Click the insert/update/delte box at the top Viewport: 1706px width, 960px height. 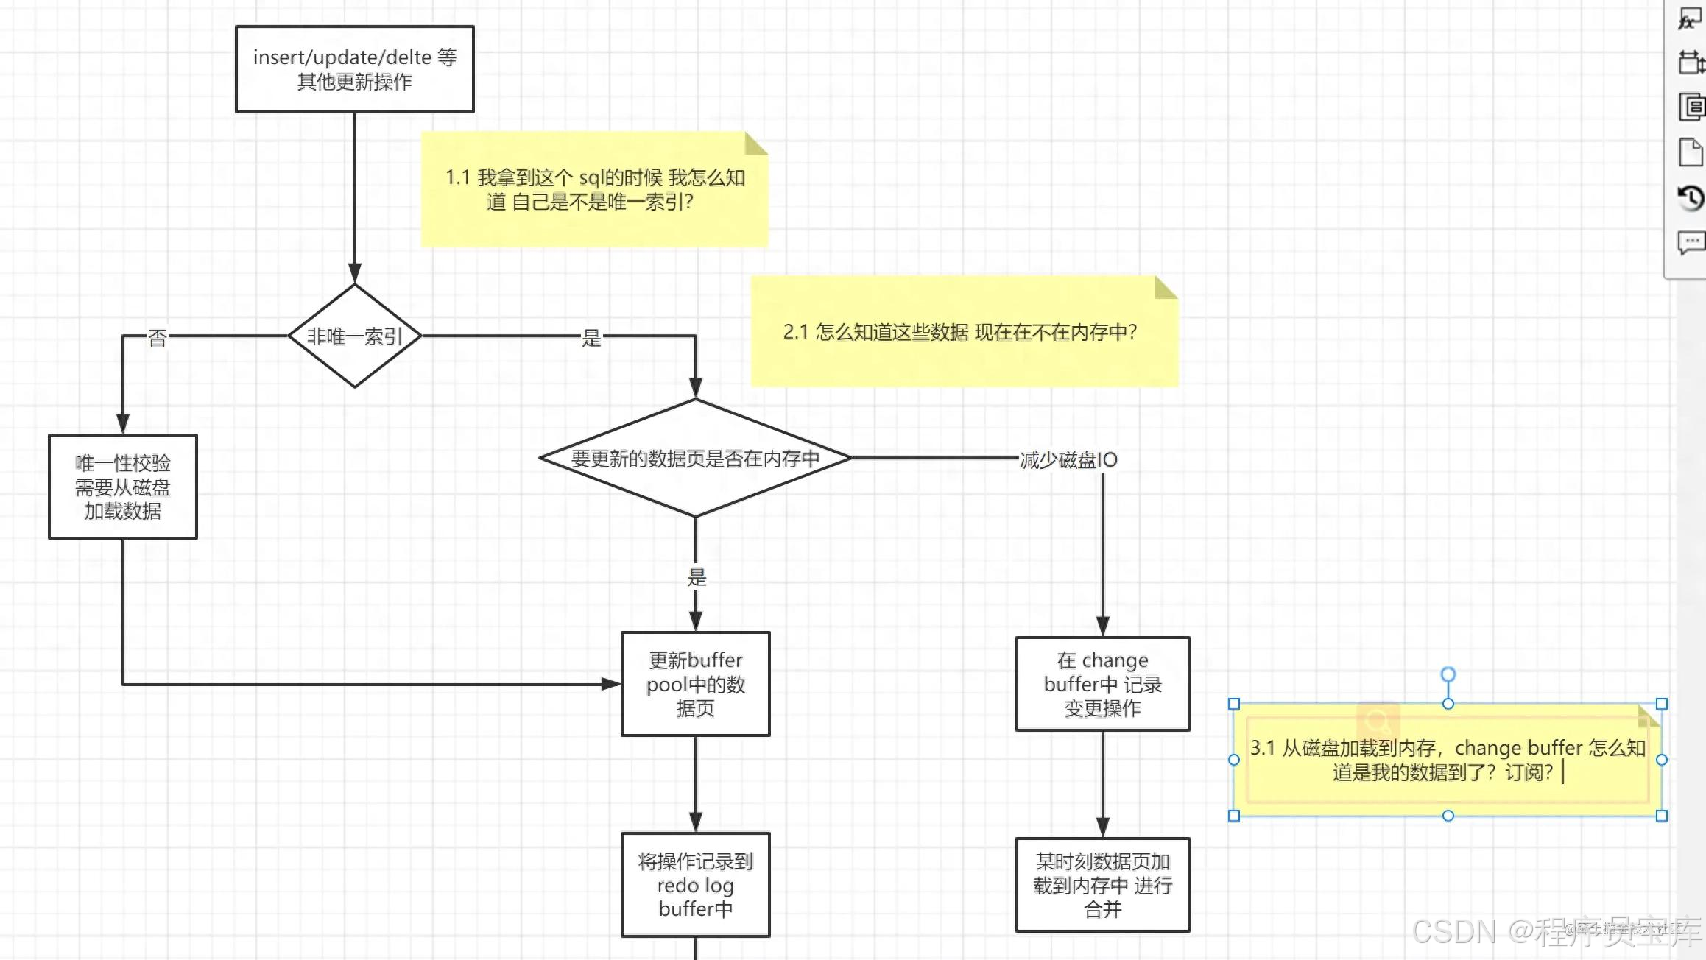pos(354,69)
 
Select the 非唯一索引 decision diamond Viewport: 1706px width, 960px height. pos(354,336)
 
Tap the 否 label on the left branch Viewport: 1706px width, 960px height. pos(157,338)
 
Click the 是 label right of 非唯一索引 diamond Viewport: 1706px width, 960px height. pos(591,338)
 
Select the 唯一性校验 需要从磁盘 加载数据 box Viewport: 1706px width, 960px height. pos(122,487)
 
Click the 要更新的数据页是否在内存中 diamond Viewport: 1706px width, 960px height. pos(695,458)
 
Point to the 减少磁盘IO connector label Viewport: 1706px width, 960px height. pos(1068,460)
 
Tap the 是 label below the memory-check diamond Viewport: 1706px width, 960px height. pos(697,577)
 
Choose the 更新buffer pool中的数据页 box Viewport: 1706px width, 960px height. pos(695,684)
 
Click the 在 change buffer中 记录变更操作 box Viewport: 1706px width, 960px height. pos(1102,684)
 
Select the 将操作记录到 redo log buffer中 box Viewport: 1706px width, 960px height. pos(695,884)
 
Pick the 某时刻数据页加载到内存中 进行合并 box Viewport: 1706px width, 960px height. pos(1102,885)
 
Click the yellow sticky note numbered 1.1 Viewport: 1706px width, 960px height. pos(594,189)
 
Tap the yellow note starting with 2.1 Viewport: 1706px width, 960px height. pos(963,332)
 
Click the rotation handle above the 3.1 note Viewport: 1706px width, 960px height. pos(1448,674)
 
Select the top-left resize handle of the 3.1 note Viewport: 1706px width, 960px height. pos(1234,705)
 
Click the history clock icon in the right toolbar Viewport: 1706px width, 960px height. pos(1691,197)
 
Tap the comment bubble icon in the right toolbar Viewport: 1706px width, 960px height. pos(1691,241)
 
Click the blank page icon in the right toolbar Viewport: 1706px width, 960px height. pos(1691,152)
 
